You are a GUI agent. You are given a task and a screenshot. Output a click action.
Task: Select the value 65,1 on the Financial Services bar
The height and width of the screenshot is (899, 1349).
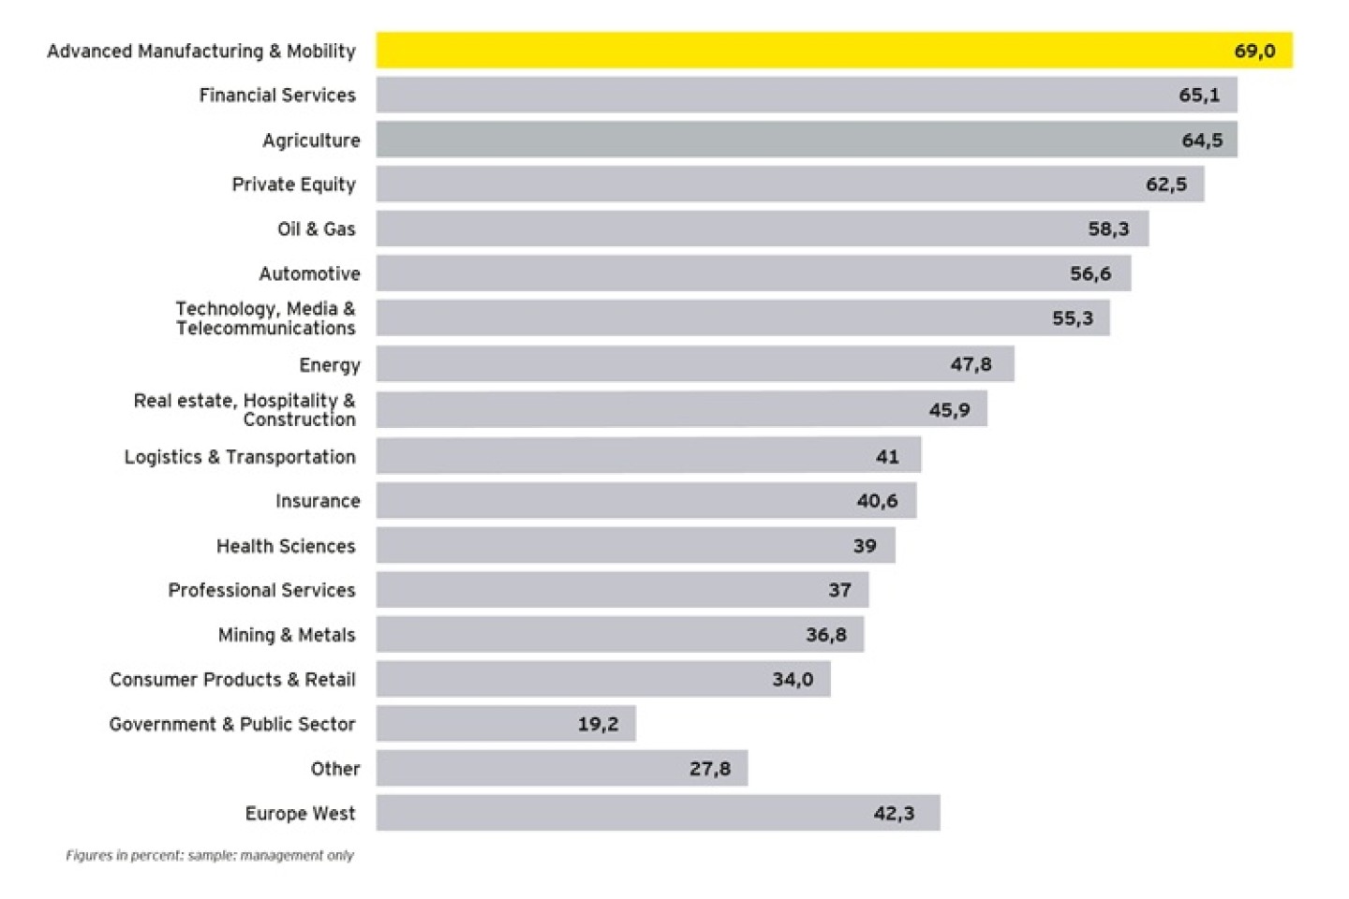[x=1199, y=96]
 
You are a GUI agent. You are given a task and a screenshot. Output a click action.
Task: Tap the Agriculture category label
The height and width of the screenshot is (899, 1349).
[x=311, y=140]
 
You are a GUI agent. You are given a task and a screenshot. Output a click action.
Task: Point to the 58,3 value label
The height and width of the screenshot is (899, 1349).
[x=1108, y=229]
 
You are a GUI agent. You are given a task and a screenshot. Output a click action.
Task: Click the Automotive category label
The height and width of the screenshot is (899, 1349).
[x=309, y=273]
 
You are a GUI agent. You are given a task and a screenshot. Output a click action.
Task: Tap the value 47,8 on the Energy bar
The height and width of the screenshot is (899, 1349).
[x=971, y=364]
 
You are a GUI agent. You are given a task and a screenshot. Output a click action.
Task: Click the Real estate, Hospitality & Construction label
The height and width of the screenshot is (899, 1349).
[x=245, y=410]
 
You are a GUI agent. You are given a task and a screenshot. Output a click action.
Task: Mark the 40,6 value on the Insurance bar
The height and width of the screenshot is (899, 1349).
[x=877, y=501]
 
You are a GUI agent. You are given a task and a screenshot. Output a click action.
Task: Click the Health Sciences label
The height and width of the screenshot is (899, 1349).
[x=286, y=546]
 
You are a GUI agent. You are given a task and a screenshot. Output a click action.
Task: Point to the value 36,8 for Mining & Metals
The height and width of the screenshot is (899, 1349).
[x=825, y=635]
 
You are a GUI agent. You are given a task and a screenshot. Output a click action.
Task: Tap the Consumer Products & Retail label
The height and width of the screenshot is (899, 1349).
[x=232, y=680]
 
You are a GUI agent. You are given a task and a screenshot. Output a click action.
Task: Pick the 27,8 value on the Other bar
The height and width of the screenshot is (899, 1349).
[x=709, y=769]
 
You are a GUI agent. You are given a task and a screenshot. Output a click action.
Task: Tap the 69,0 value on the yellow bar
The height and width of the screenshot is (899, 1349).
[x=1254, y=52]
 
